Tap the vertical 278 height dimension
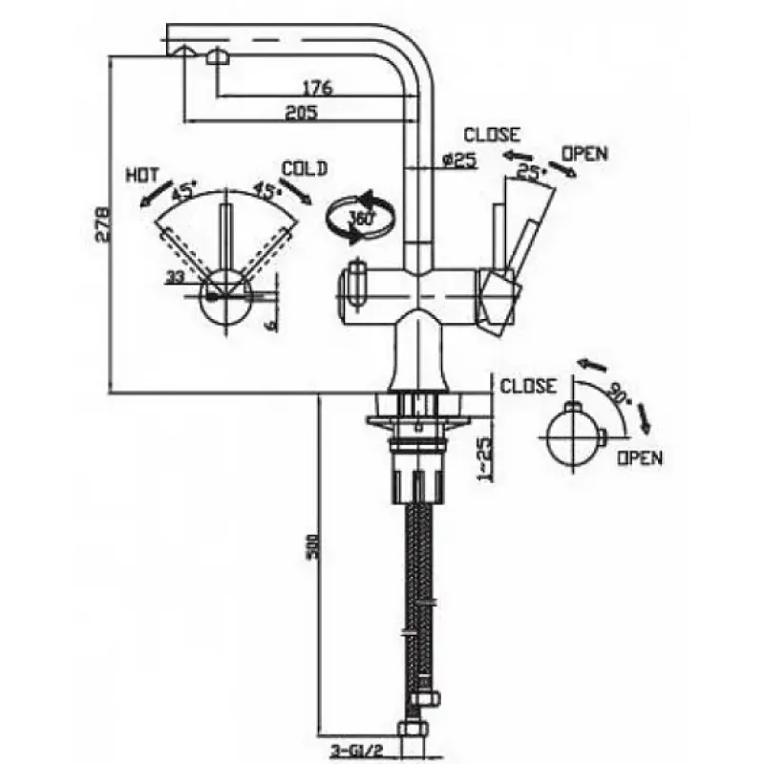(x=105, y=223)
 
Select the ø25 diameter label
(x=459, y=160)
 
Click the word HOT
(x=142, y=177)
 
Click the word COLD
(x=305, y=168)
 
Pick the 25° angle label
(x=530, y=171)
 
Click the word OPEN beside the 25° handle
(x=584, y=152)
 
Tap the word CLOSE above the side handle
(x=492, y=135)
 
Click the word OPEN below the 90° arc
(x=639, y=457)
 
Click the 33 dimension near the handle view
(x=176, y=277)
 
